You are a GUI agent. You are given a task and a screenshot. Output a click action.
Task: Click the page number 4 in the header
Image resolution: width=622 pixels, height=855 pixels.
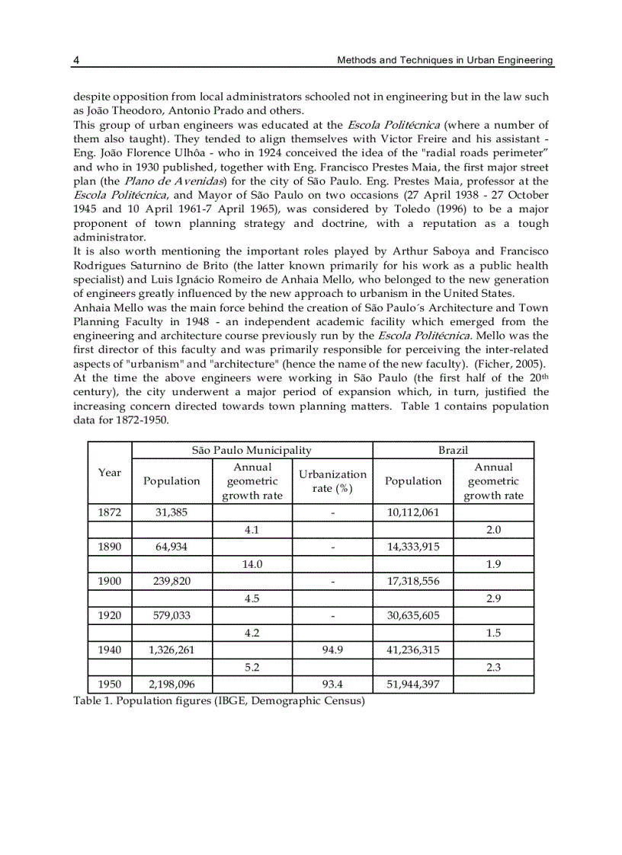pos(76,60)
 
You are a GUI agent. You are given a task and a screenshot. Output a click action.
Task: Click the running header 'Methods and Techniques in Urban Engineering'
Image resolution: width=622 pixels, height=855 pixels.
pos(445,60)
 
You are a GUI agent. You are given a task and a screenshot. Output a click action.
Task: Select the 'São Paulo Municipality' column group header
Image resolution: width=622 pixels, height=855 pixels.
pos(252,451)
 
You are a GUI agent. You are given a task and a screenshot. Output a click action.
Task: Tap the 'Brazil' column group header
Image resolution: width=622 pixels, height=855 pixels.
pos(453,451)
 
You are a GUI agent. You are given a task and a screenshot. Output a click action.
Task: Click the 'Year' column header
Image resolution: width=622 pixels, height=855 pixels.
pos(110,473)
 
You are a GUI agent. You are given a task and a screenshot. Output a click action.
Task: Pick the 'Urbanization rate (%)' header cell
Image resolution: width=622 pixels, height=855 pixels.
pos(332,481)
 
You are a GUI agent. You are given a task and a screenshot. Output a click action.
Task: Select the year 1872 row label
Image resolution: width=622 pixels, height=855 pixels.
pos(110,512)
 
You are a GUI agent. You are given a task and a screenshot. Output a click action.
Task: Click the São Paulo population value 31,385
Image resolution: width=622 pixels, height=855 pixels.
pos(172,512)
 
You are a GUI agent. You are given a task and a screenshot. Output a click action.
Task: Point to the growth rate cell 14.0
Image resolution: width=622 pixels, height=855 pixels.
pos(252,564)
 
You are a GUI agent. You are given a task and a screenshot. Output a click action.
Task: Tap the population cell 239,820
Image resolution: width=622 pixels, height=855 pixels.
pos(172,581)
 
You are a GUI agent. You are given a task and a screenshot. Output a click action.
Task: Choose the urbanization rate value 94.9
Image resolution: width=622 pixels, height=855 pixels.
pos(332,649)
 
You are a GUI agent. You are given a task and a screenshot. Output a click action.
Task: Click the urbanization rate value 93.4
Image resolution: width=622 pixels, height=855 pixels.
pos(332,684)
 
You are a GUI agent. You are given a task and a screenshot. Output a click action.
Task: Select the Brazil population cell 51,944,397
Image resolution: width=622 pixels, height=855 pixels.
pos(412,684)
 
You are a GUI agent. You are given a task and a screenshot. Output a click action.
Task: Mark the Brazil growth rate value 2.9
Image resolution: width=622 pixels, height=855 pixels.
pos(493,598)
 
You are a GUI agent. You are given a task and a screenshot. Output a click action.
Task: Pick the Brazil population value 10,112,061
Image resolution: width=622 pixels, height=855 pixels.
pos(412,512)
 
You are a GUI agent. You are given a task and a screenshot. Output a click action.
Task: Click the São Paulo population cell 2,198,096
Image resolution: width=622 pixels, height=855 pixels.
pos(172,684)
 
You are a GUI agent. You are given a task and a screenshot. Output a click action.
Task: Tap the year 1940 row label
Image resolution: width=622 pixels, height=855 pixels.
pos(110,649)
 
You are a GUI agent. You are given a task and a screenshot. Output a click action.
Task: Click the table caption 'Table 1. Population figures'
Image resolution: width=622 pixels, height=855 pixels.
pos(219,701)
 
